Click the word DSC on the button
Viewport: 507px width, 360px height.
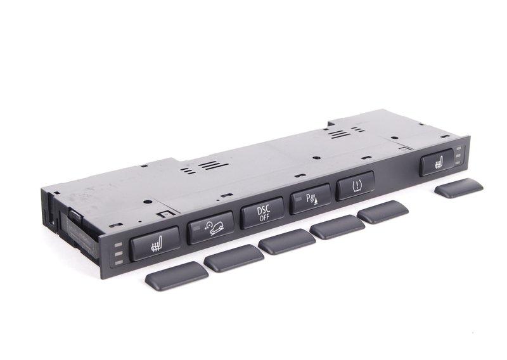264,210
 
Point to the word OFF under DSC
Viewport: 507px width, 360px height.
264,217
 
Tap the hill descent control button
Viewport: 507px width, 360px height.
210,228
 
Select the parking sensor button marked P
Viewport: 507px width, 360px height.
311,199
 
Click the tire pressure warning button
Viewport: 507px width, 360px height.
356,186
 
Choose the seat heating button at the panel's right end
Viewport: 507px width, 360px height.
437,162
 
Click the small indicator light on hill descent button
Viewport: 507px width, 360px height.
196,228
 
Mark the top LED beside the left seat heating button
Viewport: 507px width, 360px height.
119,245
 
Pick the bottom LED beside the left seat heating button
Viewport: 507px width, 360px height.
119,262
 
